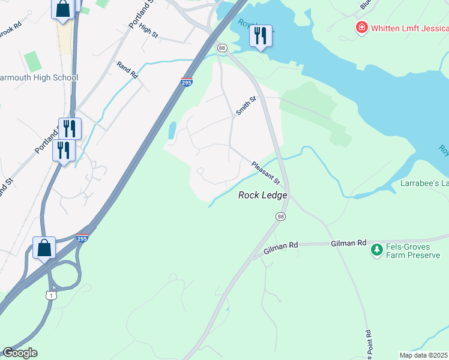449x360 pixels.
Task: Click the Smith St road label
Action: coord(246,106)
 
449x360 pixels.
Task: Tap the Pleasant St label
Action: coord(266,173)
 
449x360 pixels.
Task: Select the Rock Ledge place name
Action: coord(263,195)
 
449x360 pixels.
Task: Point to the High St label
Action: coord(148,31)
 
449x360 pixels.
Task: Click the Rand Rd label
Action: coord(127,71)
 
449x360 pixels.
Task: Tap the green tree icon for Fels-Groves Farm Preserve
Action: coord(376,249)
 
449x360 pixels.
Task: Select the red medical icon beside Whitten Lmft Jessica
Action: coord(361,28)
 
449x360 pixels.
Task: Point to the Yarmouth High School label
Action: coord(38,77)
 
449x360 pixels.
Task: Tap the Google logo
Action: coord(20,353)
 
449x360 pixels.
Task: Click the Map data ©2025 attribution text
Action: coord(424,355)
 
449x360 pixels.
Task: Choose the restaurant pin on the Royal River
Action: coord(261,37)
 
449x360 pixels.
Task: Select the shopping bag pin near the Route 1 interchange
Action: coord(44,247)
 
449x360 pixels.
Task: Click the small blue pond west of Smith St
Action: coord(172,130)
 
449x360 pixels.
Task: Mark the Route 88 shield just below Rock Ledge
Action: coord(280,216)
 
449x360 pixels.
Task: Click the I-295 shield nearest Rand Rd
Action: coord(187,82)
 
